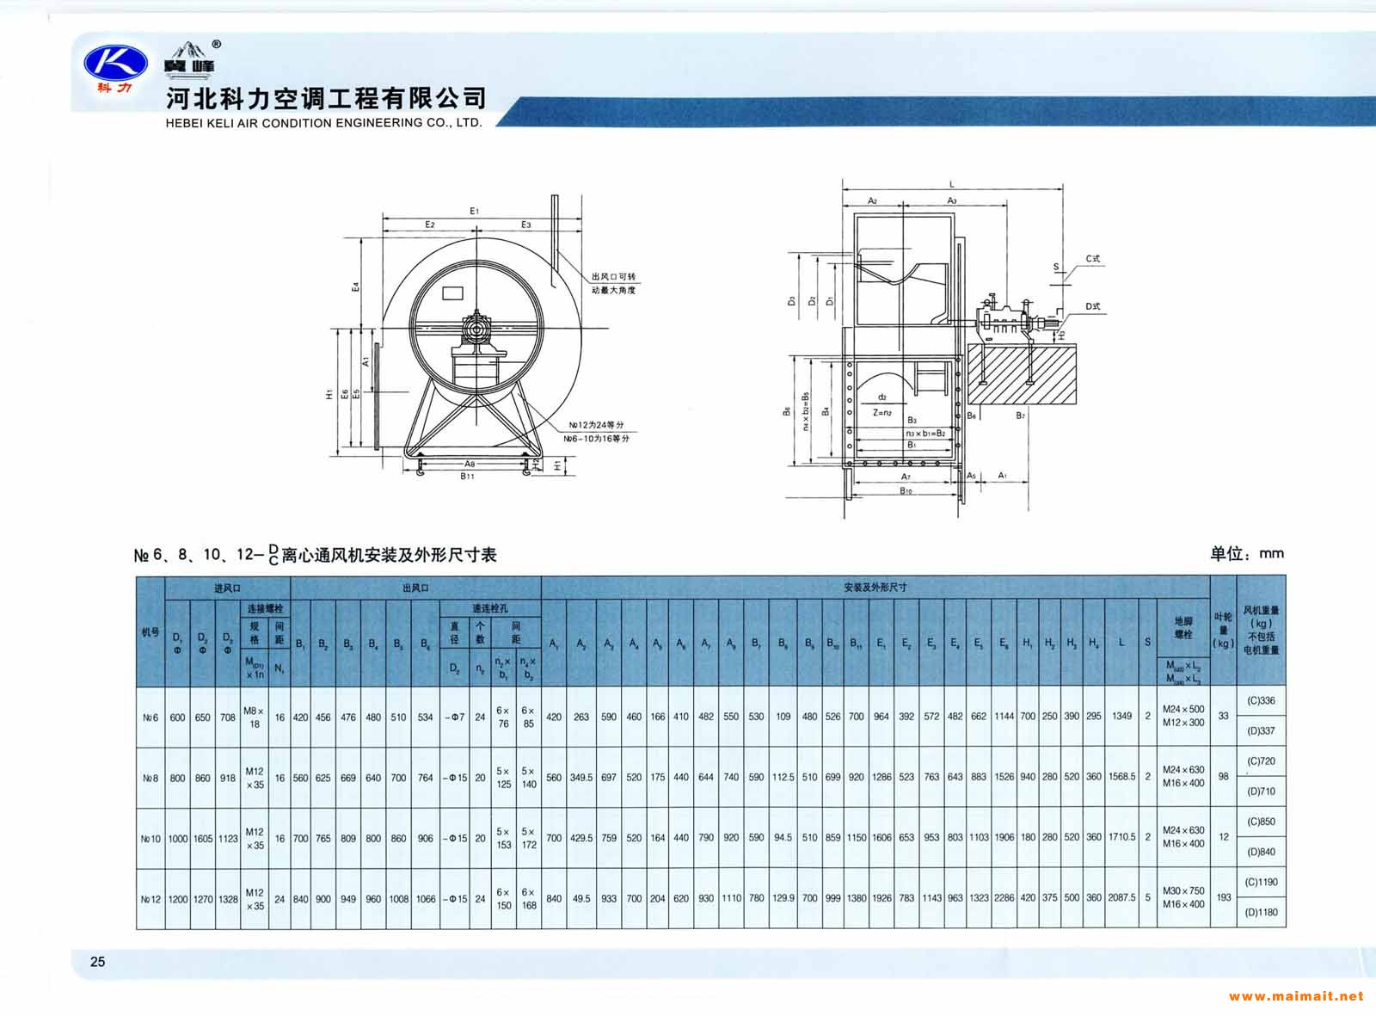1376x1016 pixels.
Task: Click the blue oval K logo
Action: click(110, 62)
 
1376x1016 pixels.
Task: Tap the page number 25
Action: click(97, 962)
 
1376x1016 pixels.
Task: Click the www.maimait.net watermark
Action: click(1295, 996)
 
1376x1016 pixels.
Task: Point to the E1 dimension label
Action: click(474, 211)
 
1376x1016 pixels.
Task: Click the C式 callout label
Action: click(1092, 258)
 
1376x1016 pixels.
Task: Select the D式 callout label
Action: click(1092, 306)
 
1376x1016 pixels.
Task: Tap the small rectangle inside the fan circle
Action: click(452, 293)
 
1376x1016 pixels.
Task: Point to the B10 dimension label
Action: click(906, 491)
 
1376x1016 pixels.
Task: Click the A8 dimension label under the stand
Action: click(470, 464)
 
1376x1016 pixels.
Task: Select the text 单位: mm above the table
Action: click(1246, 554)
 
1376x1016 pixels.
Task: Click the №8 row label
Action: click(150, 778)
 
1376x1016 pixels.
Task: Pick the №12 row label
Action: click(150, 899)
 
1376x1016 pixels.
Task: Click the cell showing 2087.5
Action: click(1121, 897)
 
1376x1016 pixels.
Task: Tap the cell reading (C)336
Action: click(1261, 701)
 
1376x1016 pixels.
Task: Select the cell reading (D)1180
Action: click(1261, 913)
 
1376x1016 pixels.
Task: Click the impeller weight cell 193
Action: click(1223, 897)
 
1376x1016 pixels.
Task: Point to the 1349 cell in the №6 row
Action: click(1121, 716)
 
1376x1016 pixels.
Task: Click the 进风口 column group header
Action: click(227, 588)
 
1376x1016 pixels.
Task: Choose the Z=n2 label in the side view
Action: click(882, 412)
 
